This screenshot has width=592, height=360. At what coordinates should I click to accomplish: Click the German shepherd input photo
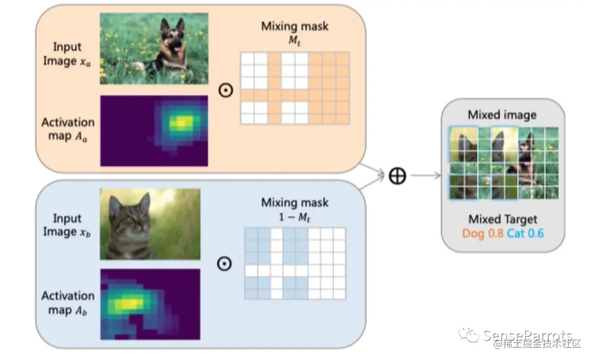point(154,49)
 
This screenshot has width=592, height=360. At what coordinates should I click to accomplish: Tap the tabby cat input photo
point(150,224)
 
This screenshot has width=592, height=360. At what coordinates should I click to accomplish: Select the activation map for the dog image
point(154,130)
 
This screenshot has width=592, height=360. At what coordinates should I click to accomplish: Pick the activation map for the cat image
point(150,304)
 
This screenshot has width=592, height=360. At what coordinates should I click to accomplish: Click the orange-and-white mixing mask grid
point(294,88)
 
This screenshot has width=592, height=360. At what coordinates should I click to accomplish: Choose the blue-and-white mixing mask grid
point(294,263)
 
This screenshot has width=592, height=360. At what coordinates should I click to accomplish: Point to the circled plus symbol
point(397,176)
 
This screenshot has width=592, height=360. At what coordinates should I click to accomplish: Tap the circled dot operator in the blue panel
point(224,264)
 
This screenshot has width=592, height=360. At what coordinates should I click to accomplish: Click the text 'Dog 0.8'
point(481,233)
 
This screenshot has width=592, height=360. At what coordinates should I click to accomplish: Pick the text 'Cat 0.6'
point(525,233)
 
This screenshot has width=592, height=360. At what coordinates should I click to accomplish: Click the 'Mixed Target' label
point(502,220)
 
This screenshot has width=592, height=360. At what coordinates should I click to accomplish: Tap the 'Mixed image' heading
point(502,115)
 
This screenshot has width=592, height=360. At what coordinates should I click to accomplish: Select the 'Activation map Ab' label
point(68,303)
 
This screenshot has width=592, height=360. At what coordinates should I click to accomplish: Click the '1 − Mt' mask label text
point(294,216)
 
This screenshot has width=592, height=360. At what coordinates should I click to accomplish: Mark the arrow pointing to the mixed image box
point(425,176)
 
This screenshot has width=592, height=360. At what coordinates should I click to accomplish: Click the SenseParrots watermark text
point(527,335)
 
